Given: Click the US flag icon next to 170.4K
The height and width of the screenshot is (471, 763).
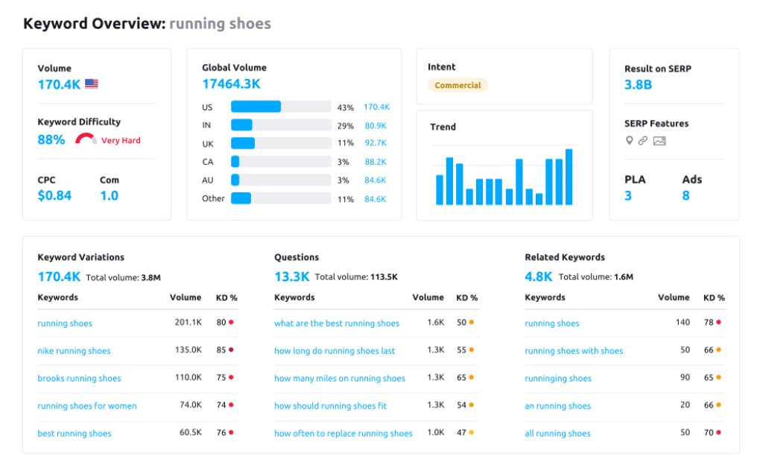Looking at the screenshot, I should [x=91, y=84].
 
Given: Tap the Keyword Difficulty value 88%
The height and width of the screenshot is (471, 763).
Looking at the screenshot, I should [x=51, y=139].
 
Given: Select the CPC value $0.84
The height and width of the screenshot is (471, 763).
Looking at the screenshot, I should [x=54, y=196].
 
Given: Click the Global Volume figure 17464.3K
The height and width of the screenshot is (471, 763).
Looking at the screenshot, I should [x=231, y=84].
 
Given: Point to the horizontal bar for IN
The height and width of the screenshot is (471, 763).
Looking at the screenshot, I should [x=242, y=125].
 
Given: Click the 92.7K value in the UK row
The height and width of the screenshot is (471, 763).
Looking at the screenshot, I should [x=375, y=144].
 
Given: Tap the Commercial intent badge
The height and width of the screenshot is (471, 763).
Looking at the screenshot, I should [x=458, y=85].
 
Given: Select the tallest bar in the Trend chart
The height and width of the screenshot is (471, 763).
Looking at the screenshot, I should [x=569, y=177].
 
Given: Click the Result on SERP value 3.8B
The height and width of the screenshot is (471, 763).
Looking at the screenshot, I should [x=638, y=85].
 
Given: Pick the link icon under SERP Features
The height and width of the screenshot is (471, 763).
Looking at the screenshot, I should [x=642, y=141].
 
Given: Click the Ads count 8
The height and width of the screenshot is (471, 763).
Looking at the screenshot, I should [x=686, y=196].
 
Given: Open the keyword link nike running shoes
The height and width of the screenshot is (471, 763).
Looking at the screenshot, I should [x=74, y=351].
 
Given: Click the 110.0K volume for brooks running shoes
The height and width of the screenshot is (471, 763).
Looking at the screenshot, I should [x=189, y=379].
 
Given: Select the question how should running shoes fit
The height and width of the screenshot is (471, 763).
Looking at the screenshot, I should [x=330, y=406].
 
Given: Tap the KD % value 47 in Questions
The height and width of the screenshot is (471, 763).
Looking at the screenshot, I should [x=462, y=434].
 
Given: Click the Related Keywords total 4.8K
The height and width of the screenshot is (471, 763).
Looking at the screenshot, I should [x=538, y=276].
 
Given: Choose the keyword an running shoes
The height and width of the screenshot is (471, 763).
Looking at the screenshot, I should [x=557, y=406].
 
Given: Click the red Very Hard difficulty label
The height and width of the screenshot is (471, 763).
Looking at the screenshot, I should [x=121, y=140].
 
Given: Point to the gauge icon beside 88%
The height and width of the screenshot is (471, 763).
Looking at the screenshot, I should [x=86, y=139].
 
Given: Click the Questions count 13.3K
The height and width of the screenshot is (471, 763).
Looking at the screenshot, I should [x=291, y=276].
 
